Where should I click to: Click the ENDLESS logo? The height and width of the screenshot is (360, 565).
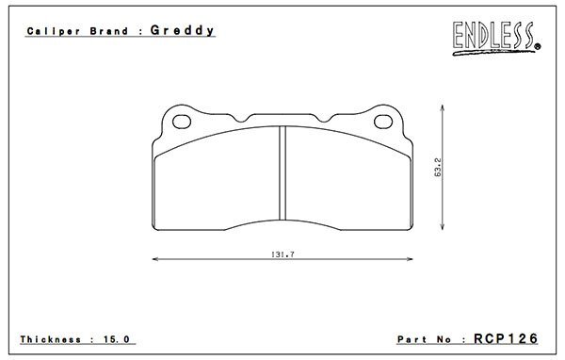click(496, 38)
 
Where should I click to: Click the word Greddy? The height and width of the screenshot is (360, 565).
click(182, 30)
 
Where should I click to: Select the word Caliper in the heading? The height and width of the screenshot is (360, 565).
click(54, 31)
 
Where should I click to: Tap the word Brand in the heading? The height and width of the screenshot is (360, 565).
click(109, 31)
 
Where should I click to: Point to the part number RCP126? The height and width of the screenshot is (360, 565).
click(506, 338)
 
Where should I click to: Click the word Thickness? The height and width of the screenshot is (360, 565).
click(51, 339)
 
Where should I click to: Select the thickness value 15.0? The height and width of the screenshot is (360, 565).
click(117, 339)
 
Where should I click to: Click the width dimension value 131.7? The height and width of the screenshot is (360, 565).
click(282, 254)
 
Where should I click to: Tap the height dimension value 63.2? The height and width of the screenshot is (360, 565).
click(438, 167)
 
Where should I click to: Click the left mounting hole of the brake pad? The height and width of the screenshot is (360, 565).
click(182, 122)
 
